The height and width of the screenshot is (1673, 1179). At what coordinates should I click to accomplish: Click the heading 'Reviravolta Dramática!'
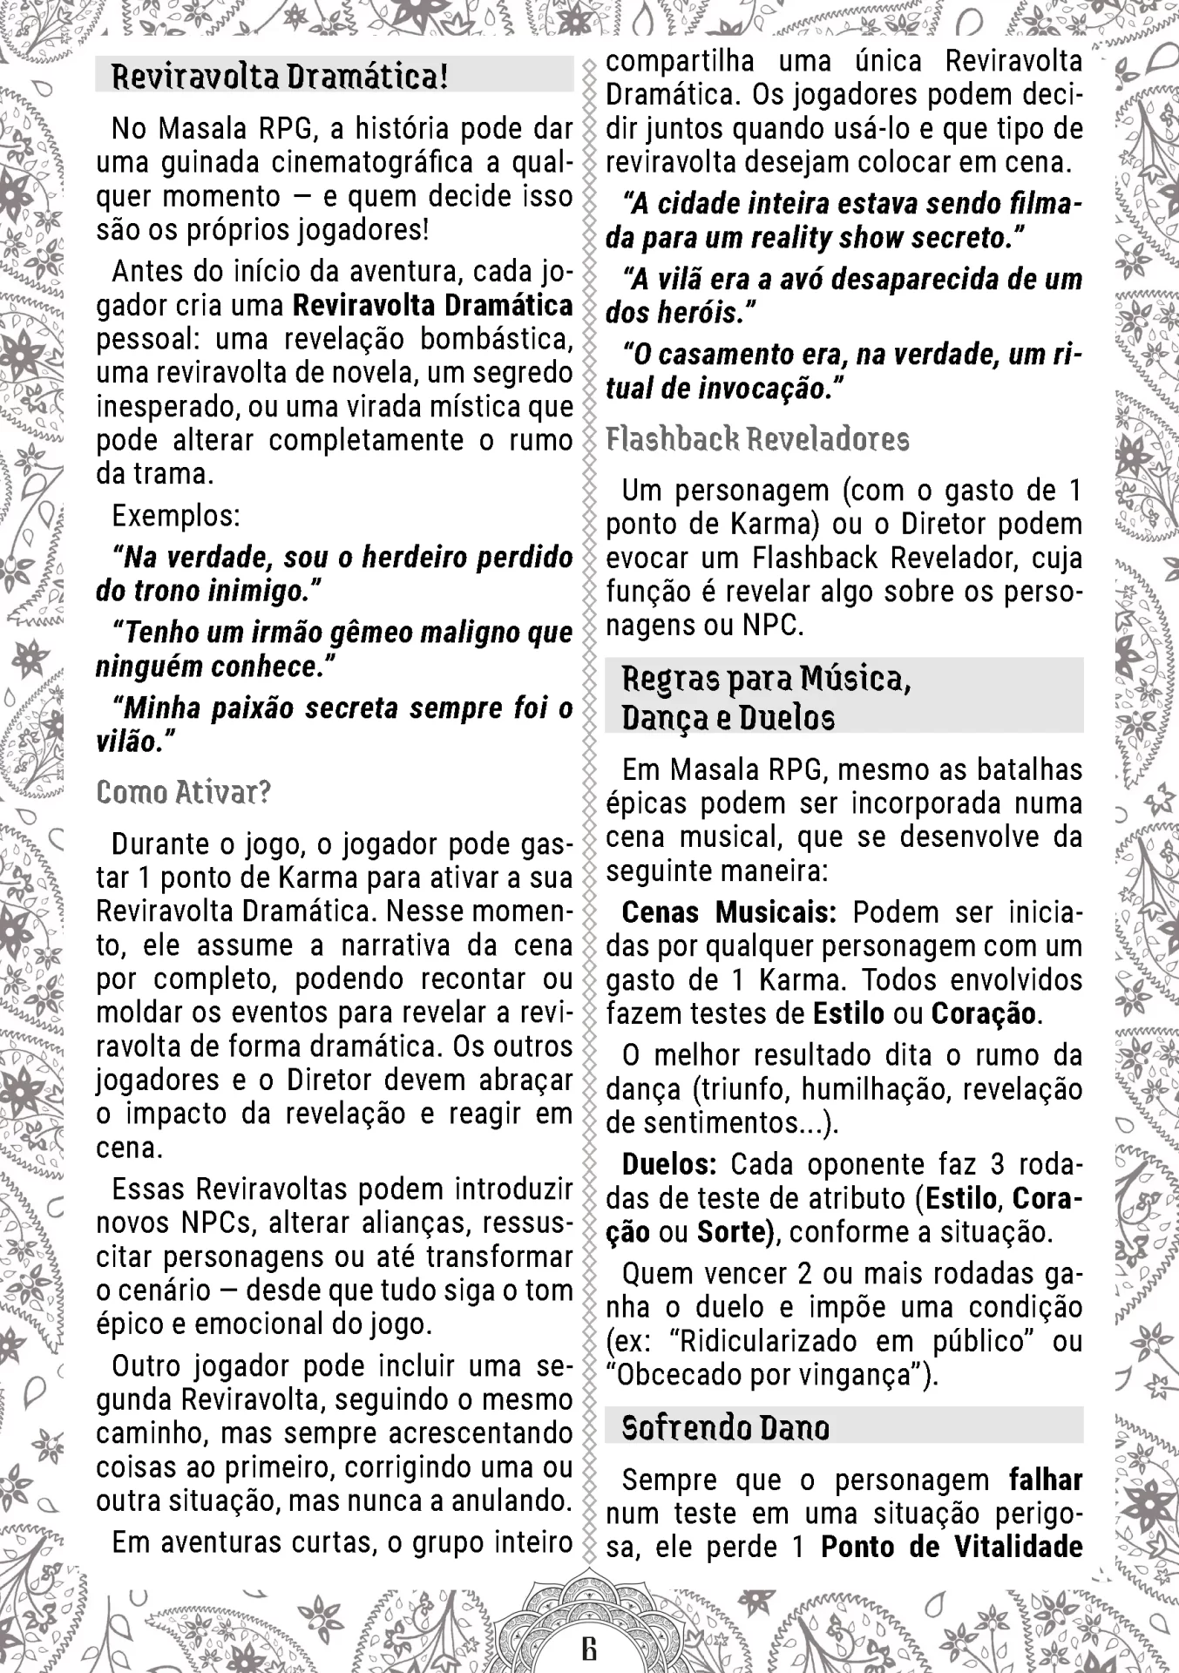pyautogui.click(x=280, y=77)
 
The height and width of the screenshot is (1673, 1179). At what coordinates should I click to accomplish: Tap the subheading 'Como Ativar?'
pyautogui.click(x=184, y=792)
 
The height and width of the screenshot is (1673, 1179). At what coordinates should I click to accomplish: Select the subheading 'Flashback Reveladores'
pyautogui.click(x=757, y=439)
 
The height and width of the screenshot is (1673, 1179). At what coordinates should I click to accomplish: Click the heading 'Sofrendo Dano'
pyautogui.click(x=725, y=1427)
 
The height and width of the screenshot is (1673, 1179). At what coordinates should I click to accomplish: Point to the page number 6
pyautogui.click(x=590, y=1649)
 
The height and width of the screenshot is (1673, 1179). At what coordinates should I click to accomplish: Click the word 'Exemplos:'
pyautogui.click(x=176, y=516)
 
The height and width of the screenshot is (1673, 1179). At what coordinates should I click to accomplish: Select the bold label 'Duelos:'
pyautogui.click(x=669, y=1164)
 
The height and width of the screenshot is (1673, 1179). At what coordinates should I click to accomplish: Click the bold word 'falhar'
pyautogui.click(x=1046, y=1480)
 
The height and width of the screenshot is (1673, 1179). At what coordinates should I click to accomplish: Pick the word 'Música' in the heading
pyautogui.click(x=856, y=678)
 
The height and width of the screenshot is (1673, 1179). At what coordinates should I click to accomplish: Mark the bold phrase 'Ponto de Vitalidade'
pyautogui.click(x=952, y=1547)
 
